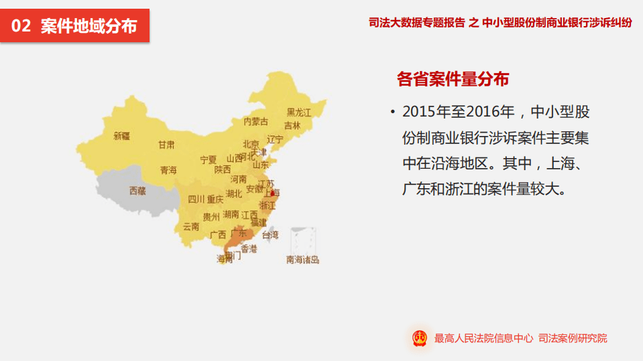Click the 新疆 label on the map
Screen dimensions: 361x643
[121, 136]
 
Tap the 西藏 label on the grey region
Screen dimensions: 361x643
[137, 191]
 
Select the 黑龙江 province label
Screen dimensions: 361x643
[299, 113]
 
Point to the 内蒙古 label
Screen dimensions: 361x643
[255, 122]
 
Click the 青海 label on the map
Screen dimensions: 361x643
[168, 171]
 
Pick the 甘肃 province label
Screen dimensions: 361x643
[166, 145]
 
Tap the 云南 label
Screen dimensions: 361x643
[191, 226]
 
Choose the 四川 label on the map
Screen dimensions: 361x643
[196, 199]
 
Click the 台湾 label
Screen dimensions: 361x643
[270, 235]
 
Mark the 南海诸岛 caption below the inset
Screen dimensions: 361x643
[303, 260]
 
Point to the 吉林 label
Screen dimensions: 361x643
[292, 125]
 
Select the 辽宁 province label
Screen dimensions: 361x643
[275, 139]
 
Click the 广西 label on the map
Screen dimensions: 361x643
[218, 235]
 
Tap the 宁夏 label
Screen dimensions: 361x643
[209, 160]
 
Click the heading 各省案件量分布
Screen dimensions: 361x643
[453, 79]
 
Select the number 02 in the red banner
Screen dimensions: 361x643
[21, 26]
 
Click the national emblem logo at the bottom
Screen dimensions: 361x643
[420, 338]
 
